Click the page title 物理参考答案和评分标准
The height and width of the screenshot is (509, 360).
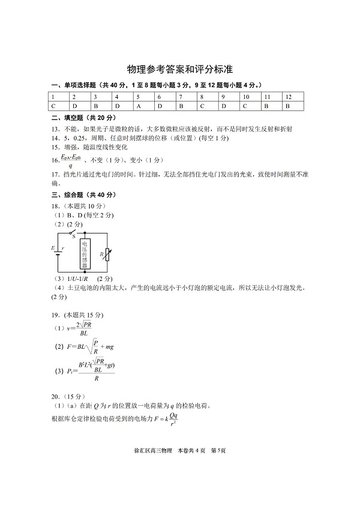coord(179,69)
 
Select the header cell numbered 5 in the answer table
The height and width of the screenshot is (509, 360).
coord(138,97)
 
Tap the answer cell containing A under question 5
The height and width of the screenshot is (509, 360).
coord(138,106)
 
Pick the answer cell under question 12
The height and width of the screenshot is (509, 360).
coord(287,106)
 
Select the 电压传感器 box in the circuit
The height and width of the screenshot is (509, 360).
coord(85,254)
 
